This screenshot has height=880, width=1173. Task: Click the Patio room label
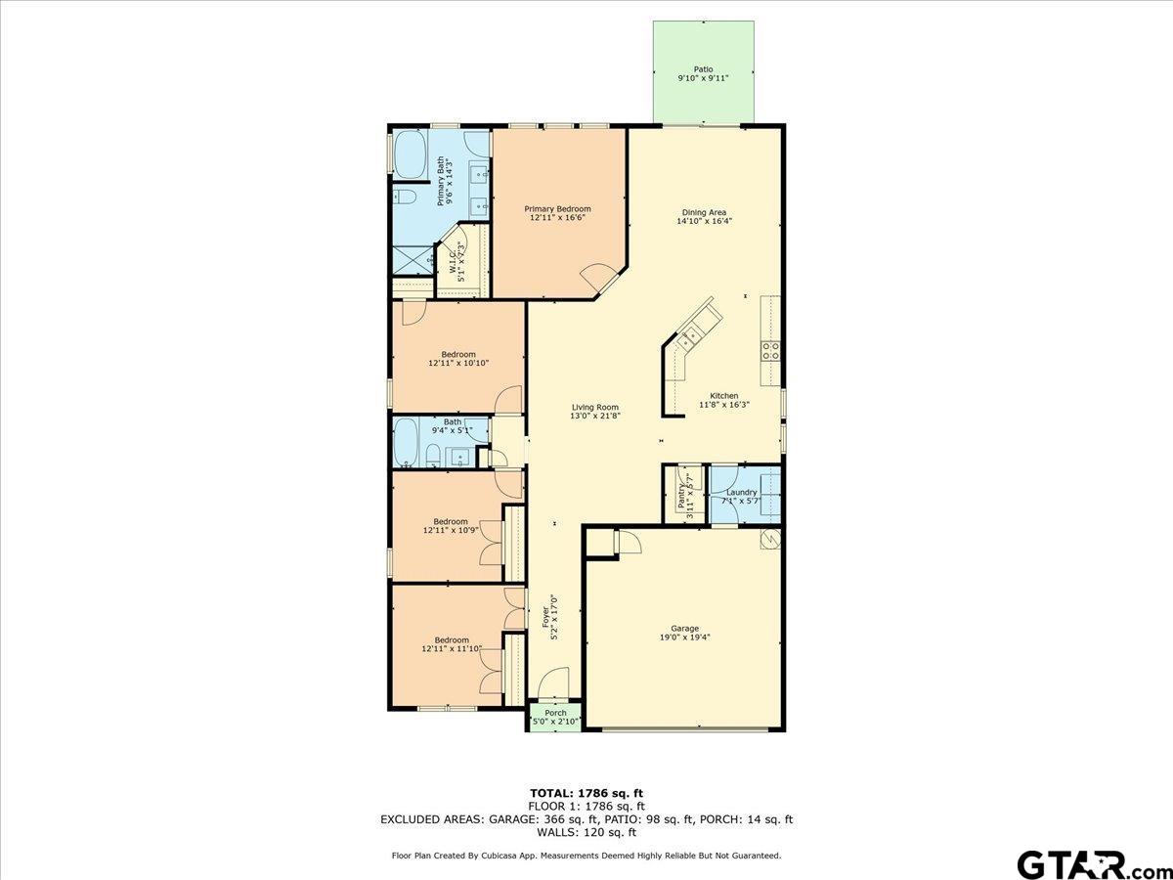tap(703, 69)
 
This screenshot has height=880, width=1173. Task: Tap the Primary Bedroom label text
tap(557, 208)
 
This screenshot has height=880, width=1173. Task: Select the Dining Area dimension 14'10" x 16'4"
tap(704, 221)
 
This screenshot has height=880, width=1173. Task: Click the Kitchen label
tap(724, 396)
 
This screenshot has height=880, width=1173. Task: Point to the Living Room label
tap(594, 408)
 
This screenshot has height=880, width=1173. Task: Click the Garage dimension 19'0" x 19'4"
tap(684, 637)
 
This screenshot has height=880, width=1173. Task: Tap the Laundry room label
tap(741, 492)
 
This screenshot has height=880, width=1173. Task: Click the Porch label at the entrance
tap(555, 713)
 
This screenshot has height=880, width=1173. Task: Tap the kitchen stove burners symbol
tap(770, 350)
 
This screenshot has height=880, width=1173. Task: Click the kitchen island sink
tap(690, 338)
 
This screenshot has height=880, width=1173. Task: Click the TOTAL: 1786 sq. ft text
tap(586, 793)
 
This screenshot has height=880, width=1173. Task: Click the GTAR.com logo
tap(1085, 864)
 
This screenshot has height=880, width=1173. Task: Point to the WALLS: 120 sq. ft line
tap(586, 833)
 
